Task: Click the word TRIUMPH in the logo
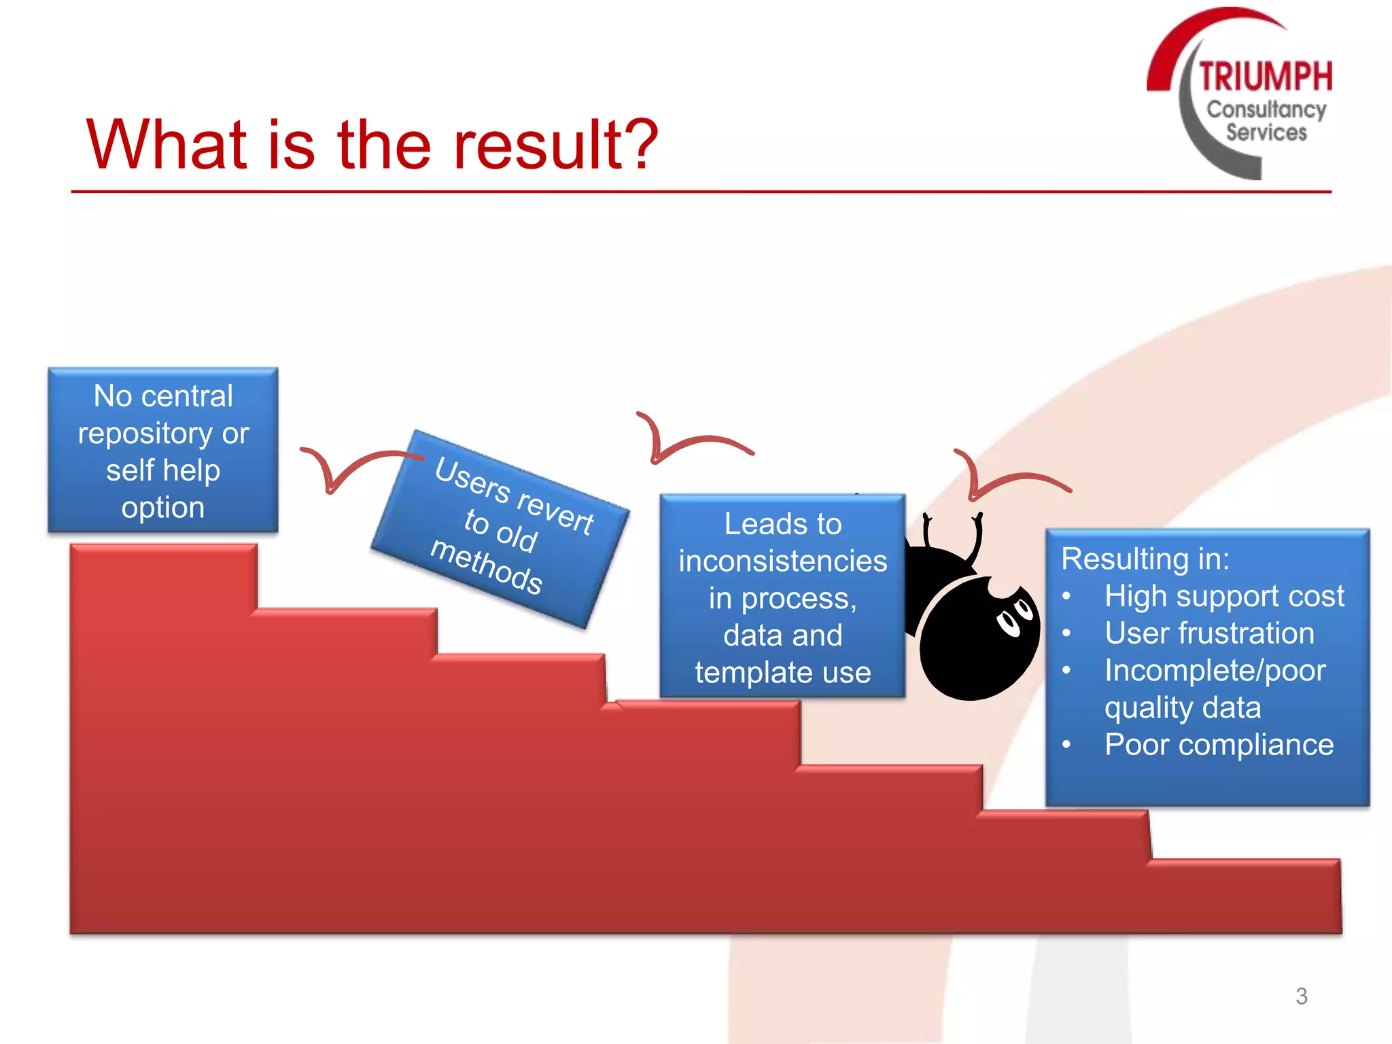pyautogui.click(x=1265, y=76)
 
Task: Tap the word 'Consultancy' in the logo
pyautogui.click(x=1266, y=109)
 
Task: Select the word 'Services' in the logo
pyautogui.click(x=1266, y=133)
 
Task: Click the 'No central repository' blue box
pyautogui.click(x=163, y=450)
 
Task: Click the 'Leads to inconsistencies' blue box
pyautogui.click(x=782, y=597)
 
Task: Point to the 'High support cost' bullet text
pyautogui.click(x=1223, y=596)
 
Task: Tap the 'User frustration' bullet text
pyautogui.click(x=1209, y=633)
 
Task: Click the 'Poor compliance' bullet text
pyautogui.click(x=1219, y=745)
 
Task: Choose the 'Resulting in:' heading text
pyautogui.click(x=1145, y=559)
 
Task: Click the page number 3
pyautogui.click(x=1301, y=996)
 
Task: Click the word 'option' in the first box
pyautogui.click(x=163, y=508)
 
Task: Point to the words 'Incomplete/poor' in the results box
pyautogui.click(x=1215, y=670)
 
